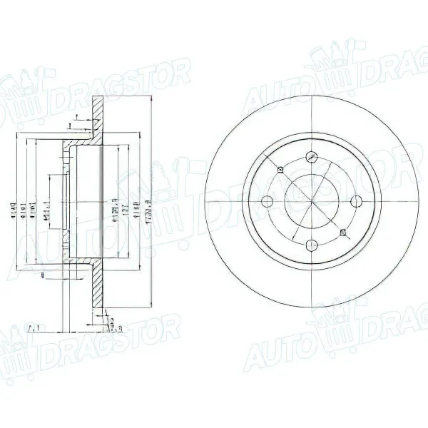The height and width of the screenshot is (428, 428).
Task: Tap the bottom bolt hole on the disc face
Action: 312,247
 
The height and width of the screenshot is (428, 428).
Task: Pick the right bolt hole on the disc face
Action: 357,202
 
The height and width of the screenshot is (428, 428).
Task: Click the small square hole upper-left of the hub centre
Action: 280,170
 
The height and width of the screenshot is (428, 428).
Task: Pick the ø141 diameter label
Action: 27,204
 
